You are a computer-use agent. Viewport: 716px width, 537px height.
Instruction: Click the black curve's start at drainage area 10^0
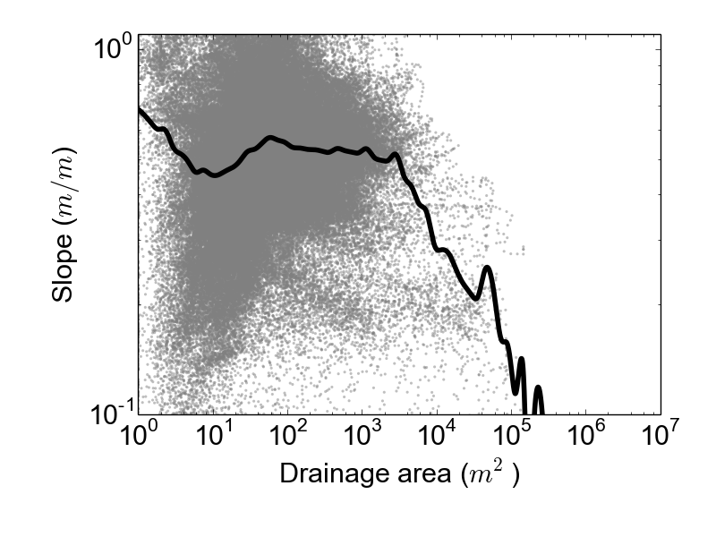tap(139, 108)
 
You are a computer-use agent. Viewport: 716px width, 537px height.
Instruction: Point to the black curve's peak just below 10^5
tap(487, 268)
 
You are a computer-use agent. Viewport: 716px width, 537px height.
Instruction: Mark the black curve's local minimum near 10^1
tap(213, 175)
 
